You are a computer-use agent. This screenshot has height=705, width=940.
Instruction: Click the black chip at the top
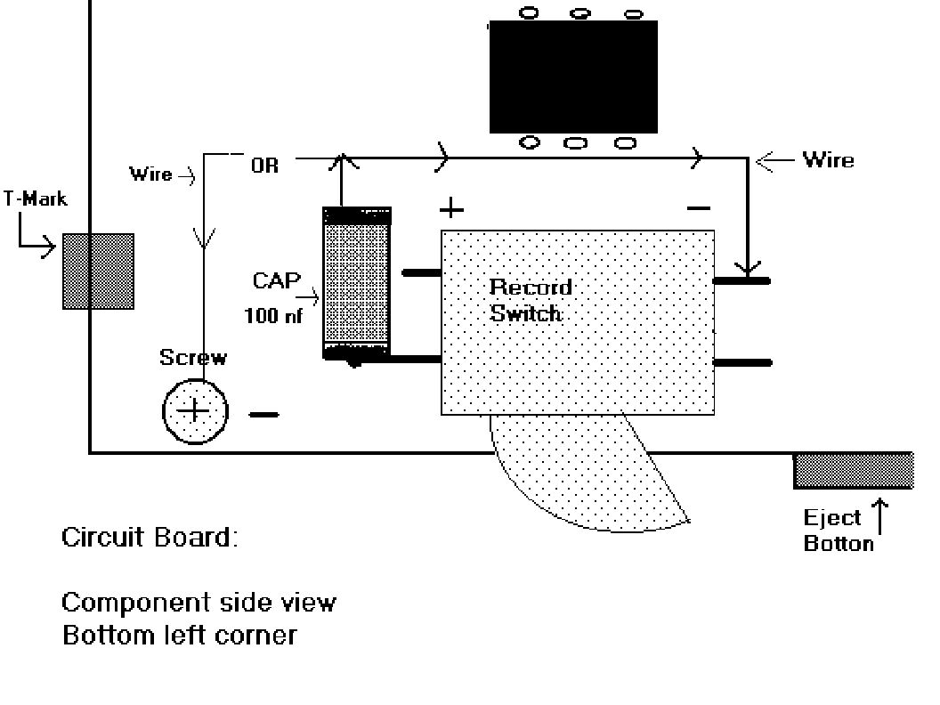tap(573, 77)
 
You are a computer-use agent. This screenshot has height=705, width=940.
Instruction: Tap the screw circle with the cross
tap(195, 411)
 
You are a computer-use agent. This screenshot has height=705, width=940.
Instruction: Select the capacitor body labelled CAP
tap(357, 284)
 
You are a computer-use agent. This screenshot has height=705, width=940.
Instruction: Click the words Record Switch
tap(531, 300)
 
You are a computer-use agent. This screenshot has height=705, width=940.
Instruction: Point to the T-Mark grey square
tap(98, 271)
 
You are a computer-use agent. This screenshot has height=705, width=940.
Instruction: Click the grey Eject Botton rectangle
tap(854, 471)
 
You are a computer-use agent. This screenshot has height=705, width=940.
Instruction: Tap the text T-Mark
tap(36, 199)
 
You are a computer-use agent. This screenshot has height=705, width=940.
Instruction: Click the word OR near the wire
tap(265, 166)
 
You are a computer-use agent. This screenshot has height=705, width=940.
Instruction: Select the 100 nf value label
tap(273, 315)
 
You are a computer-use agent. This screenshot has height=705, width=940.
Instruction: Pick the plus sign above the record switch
tap(451, 209)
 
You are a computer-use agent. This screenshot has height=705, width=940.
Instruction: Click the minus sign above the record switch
tap(699, 208)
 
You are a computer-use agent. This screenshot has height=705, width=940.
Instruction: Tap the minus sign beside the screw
tap(263, 414)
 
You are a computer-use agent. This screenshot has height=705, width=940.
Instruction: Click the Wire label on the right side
tap(829, 160)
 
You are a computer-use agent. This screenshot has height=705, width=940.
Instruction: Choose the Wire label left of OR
tap(151, 174)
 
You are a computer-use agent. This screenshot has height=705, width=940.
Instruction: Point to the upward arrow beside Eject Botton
tap(879, 516)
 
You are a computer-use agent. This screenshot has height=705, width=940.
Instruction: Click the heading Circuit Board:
tap(150, 537)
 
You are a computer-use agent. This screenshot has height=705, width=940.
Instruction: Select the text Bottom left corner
tap(180, 635)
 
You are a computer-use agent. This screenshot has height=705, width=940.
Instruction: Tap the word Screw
tap(193, 357)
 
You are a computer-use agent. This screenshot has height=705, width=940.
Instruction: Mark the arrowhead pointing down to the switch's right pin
tap(748, 268)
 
